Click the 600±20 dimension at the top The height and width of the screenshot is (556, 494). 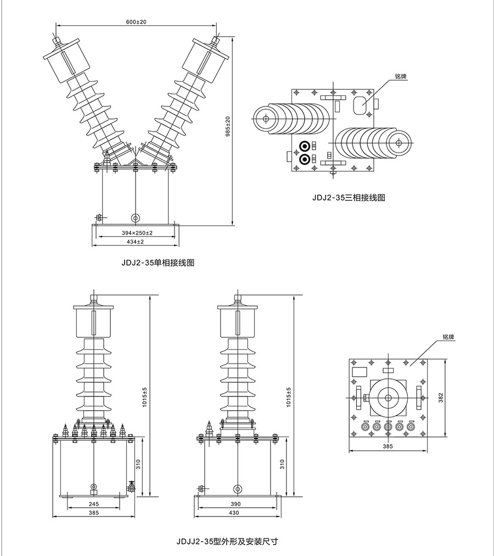pos(136,21)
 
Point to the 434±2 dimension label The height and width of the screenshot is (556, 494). pos(136,242)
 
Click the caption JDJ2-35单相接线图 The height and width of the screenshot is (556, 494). pos(158,263)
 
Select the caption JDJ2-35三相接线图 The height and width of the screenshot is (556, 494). pos(349,197)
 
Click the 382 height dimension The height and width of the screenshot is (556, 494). pos(441,398)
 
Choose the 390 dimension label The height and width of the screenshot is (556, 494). pos(236,504)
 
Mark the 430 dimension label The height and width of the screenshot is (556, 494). pos(236,513)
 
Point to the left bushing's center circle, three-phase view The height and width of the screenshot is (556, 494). pos(266,118)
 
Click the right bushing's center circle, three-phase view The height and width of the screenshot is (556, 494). pos(398,143)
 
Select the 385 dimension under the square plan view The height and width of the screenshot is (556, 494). pos(388,447)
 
